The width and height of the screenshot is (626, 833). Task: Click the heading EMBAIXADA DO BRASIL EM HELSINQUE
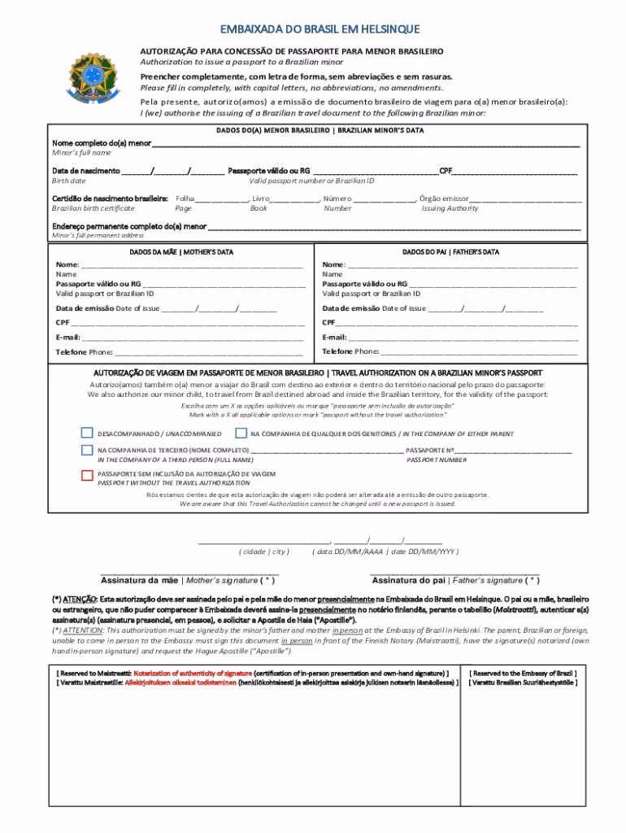pyautogui.click(x=312, y=30)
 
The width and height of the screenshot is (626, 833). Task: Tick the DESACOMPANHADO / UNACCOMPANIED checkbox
pyautogui.click(x=87, y=433)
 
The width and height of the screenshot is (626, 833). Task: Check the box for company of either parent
pyautogui.click(x=241, y=433)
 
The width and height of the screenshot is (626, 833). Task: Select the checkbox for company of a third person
pyautogui.click(x=87, y=450)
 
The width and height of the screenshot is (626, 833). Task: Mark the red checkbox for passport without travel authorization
pyautogui.click(x=87, y=475)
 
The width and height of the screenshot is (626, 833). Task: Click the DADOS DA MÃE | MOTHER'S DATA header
pyautogui.click(x=181, y=252)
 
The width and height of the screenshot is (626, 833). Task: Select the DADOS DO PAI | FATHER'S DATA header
pyautogui.click(x=450, y=252)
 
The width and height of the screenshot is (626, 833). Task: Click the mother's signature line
pyautogui.click(x=189, y=573)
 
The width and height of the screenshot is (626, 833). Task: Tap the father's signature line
pyautogui.click(x=455, y=573)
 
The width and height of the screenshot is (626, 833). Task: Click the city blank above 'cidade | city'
pyautogui.click(x=264, y=541)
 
